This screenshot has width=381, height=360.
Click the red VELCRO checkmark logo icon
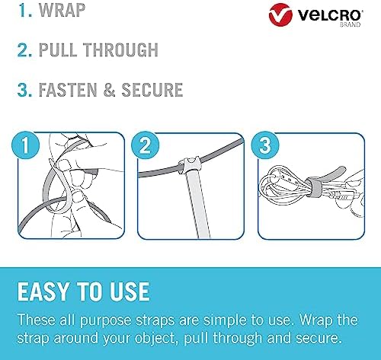[x=280, y=14]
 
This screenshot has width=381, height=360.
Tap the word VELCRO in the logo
[x=330, y=15]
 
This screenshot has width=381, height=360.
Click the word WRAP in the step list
[x=62, y=10]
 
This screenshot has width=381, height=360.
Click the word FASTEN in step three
[x=68, y=90]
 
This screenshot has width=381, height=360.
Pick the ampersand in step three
[x=109, y=90]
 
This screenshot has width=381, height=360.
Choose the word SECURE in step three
[x=152, y=90]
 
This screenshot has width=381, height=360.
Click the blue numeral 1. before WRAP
[x=25, y=10]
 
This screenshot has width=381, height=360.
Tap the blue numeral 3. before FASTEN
[x=25, y=90]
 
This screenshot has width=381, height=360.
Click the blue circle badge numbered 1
[x=25, y=145]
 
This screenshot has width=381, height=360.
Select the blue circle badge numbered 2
[x=145, y=145]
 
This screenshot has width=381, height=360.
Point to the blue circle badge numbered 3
[x=265, y=145]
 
